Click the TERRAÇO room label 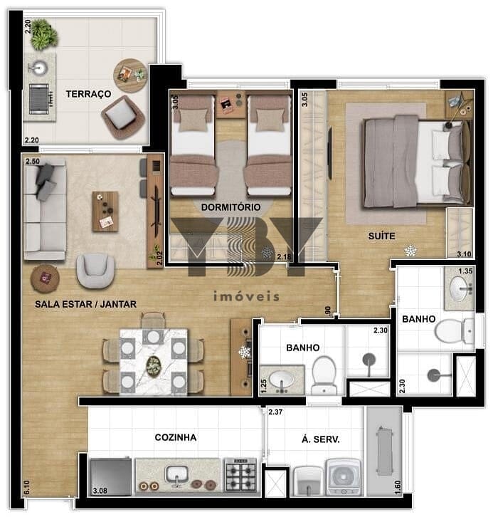[88, 94]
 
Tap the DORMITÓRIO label [230, 207]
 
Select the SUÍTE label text [381, 236]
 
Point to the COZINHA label [176, 437]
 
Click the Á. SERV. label [320, 439]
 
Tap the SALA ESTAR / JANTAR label [85, 304]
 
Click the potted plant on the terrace [44, 34]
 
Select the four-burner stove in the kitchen [240, 474]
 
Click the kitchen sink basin [177, 475]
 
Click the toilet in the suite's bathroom [455, 330]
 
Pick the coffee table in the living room [105, 211]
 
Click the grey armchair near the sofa [95, 271]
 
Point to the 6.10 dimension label [27, 487]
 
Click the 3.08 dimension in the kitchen [100, 491]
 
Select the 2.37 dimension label [275, 412]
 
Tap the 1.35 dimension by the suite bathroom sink [465, 271]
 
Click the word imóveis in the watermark [246, 296]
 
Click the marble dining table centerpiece [154, 365]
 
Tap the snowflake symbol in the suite [410, 251]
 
